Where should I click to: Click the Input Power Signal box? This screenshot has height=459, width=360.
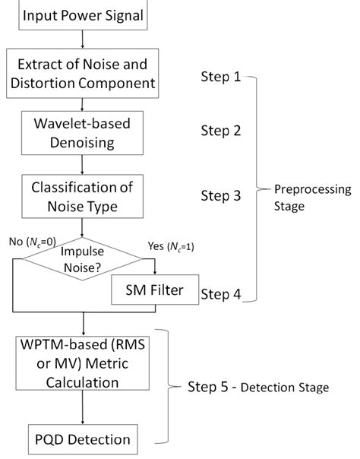pos(83,16)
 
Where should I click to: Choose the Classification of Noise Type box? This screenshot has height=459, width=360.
pos(83,195)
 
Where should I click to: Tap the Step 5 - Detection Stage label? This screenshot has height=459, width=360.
pos(257,388)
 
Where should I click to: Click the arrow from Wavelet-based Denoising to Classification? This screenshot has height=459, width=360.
pos(82,163)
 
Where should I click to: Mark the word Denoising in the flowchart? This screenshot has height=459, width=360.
pos(83,140)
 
